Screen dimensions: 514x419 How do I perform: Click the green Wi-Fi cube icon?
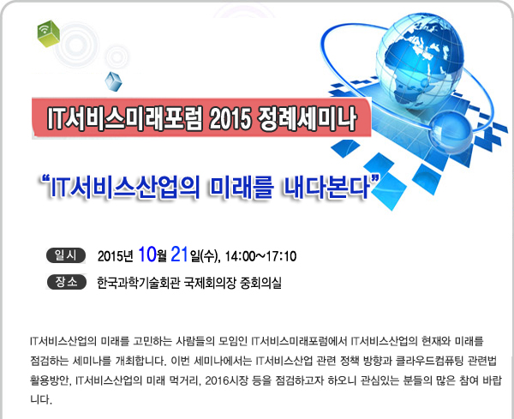[48, 33]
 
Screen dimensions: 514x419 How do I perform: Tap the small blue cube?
[113, 81]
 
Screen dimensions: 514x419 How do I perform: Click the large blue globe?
[420, 62]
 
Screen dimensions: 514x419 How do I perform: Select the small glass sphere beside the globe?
[451, 132]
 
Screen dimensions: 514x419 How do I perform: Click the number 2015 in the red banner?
[230, 118]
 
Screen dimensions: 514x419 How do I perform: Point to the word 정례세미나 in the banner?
[308, 118]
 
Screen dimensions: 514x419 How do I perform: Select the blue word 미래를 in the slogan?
[242, 188]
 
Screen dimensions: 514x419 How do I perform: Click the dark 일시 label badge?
[66, 255]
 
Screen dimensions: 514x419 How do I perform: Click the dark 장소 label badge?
[67, 282]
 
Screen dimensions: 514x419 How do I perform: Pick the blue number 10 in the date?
[147, 254]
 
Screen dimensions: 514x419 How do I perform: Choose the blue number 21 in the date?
[180, 254]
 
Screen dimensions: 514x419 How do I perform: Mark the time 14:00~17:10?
[260, 256]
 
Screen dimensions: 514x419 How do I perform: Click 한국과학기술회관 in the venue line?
[138, 283]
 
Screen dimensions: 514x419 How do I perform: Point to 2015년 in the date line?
[116, 256]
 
